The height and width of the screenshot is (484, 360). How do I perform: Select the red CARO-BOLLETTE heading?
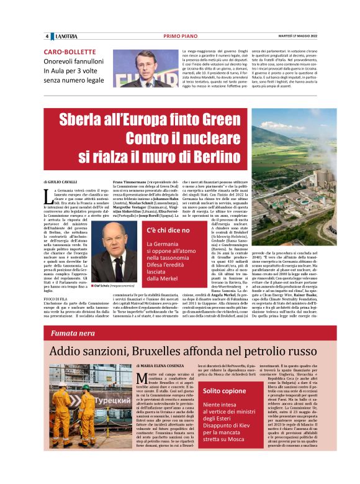point(70,52)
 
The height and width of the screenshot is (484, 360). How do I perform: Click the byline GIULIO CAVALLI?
point(61,181)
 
